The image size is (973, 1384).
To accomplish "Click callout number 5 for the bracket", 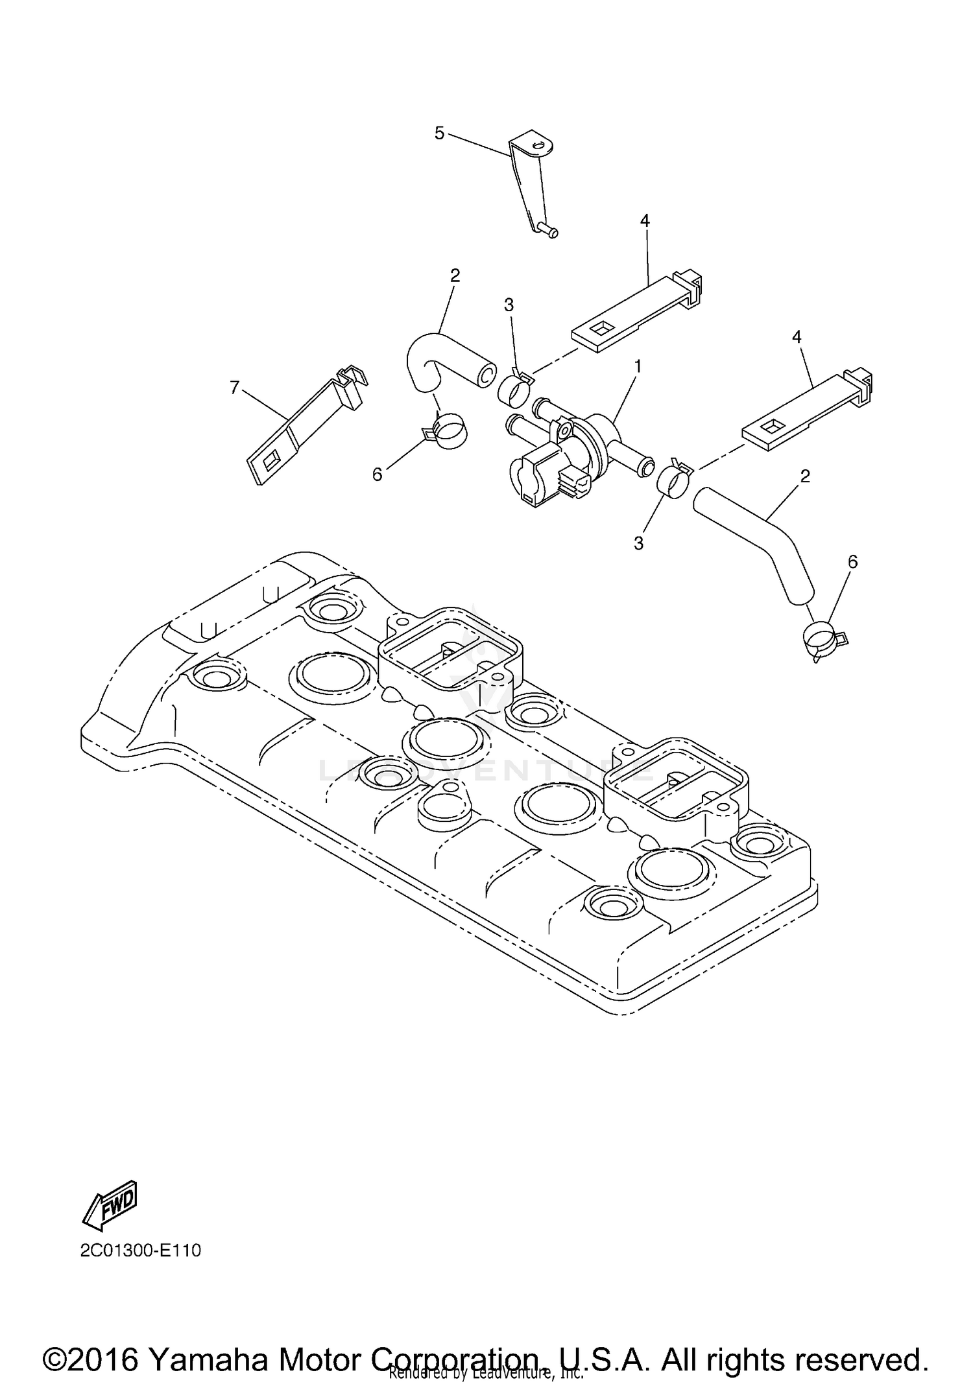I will pos(439,134).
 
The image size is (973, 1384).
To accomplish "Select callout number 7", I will pos(235,387).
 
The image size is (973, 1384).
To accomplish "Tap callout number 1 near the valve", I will pos(638,367).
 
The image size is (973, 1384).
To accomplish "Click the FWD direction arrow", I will pos(110,1205).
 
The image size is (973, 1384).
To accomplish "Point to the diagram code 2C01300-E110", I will pos(141,1250).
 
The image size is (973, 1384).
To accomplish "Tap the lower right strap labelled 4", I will pos(804,408).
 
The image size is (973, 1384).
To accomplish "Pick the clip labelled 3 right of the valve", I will pos(673,480).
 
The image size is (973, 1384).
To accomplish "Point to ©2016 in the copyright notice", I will pos(91,1342).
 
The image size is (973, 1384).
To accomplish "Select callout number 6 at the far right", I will pos(852,561).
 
